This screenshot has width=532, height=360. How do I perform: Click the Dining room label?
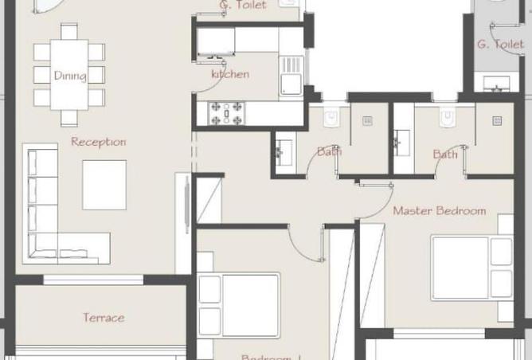pos(69,76)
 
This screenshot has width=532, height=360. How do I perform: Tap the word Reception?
pos(99,142)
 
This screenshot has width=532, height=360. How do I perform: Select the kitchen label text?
pos(229,74)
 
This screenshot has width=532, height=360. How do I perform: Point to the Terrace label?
pos(104,318)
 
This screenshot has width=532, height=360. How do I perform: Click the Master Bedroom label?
pos(439,211)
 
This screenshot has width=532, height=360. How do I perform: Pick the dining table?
pos(69,74)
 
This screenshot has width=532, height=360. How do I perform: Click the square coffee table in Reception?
pos(104,185)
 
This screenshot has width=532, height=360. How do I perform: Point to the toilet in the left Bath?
pos(332,119)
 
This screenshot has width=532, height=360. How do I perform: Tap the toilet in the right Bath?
pos(448,119)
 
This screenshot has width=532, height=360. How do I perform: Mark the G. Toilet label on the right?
pos(500,45)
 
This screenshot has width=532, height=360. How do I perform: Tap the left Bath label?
pos(328,151)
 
